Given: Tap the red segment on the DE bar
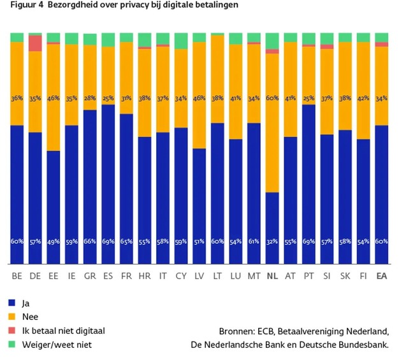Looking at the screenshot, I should tap(35, 43).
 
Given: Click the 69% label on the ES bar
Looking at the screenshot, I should tap(108, 242).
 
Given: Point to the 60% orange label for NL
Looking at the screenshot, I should tap(272, 99).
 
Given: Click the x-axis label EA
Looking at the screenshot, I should tap(382, 276).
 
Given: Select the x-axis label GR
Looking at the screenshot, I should tap(90, 276).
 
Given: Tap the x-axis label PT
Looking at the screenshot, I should tap(309, 276).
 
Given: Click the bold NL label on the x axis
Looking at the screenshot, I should tap(272, 276).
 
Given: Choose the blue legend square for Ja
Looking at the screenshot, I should tap(12, 303).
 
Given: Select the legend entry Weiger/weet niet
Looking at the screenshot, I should tap(56, 344).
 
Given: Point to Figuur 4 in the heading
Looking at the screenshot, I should tap(19, 5).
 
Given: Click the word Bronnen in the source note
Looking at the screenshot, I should tap(237, 331).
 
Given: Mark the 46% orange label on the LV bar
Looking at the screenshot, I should tap(199, 99).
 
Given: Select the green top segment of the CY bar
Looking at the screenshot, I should tap(181, 40).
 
